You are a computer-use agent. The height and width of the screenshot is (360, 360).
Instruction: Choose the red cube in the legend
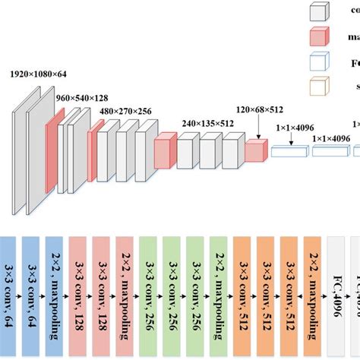pyautogui.click(x=319, y=36)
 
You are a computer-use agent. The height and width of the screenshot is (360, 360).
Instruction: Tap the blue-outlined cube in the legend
pyautogui.click(x=319, y=62)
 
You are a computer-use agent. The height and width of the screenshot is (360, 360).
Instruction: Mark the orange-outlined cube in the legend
pyautogui.click(x=319, y=86)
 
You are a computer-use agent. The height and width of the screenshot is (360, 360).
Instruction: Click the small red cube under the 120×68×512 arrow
pyautogui.click(x=256, y=151)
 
